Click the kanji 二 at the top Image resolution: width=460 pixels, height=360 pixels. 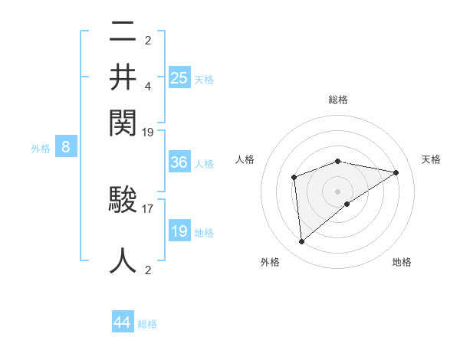tap(123, 32)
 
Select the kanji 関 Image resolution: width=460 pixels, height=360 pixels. tap(123, 120)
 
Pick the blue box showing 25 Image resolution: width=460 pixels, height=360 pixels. tap(179, 77)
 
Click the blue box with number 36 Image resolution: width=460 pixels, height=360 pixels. tap(179, 162)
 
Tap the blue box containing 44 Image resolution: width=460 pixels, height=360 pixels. tap(123, 322)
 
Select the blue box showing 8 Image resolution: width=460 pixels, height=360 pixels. tap(66, 148)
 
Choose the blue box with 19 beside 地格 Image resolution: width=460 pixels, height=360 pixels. tap(179, 231)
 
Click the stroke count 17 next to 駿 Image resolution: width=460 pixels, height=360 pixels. tap(148, 207)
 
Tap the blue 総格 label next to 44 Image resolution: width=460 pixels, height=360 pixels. tap(147, 324)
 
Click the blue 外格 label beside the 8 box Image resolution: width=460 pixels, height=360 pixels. tap(41, 149)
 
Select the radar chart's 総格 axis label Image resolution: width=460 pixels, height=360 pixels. tap(338, 100)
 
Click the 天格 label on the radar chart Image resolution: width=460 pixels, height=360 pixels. tap(431, 159)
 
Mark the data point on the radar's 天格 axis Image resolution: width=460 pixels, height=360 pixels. tap(396, 172)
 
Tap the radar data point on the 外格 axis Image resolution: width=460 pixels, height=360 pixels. tap(302, 241)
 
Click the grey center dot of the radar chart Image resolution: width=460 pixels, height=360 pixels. tap(338, 191)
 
